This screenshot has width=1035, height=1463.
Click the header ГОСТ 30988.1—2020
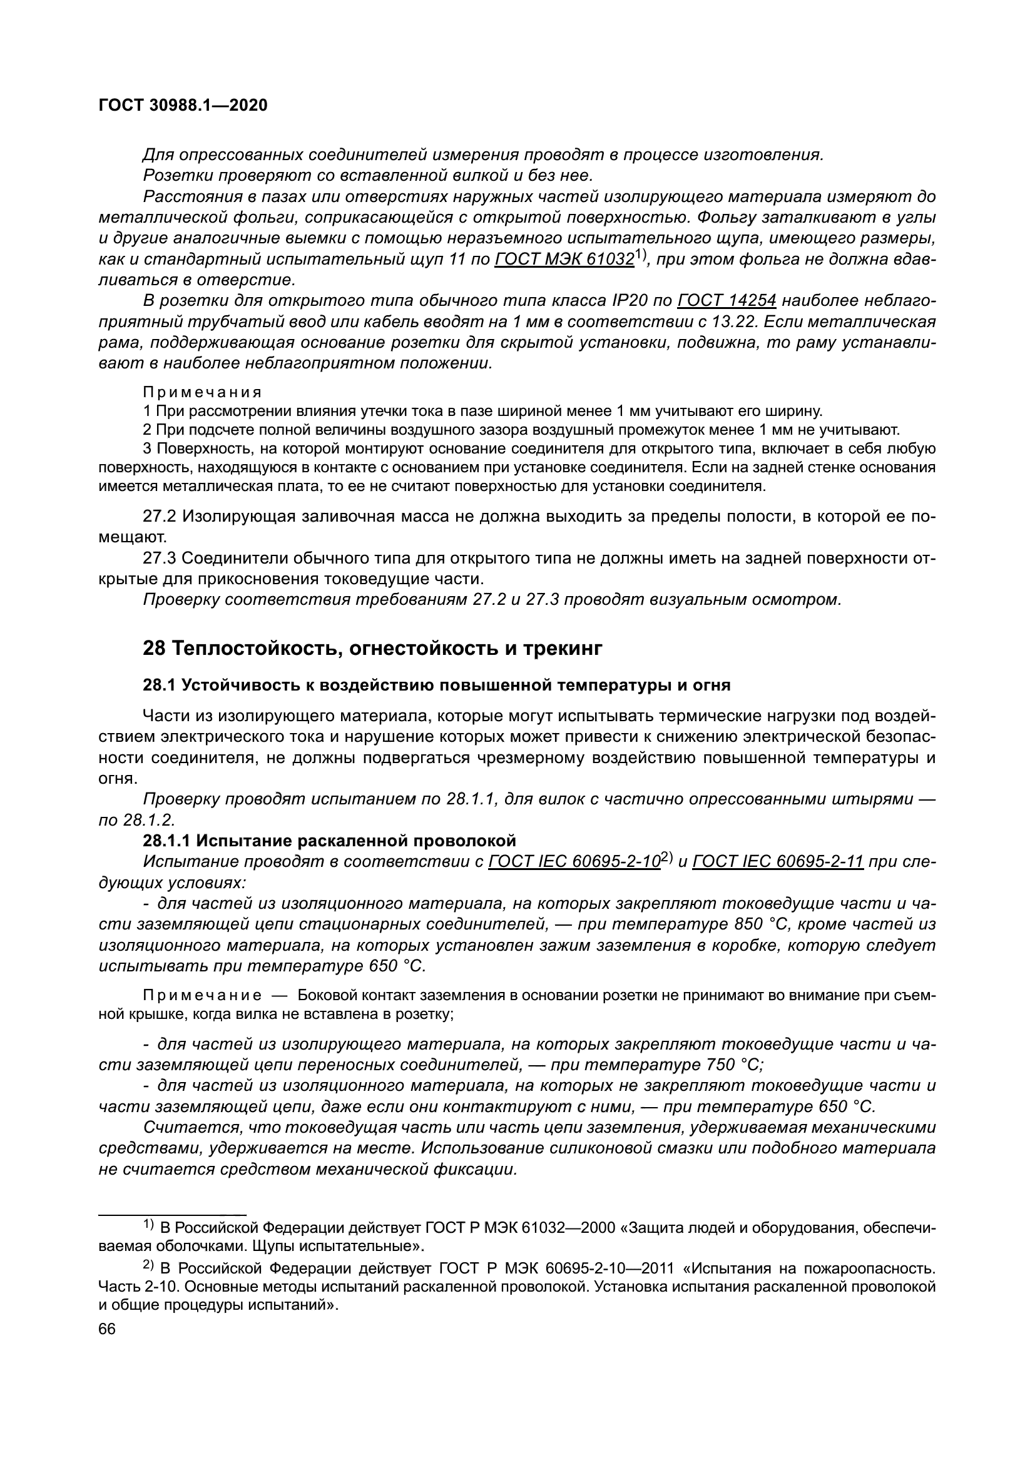183,106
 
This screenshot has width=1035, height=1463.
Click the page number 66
107,1329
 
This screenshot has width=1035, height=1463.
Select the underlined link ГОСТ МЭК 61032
564,260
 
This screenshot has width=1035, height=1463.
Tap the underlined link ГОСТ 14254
727,301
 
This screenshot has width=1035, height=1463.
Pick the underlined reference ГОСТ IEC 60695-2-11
778,861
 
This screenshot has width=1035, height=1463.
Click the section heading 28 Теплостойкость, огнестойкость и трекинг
372,648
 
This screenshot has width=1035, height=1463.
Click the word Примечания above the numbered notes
202,390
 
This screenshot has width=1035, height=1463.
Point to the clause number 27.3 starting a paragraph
160,558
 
